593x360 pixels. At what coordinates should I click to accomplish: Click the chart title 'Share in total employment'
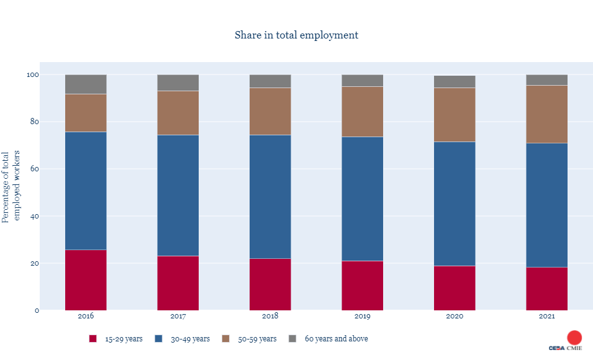pyautogui.click(x=296, y=35)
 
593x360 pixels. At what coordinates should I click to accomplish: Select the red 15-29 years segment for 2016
pyautogui.click(x=86, y=280)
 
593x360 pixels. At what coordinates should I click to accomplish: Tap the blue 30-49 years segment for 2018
pyautogui.click(x=270, y=196)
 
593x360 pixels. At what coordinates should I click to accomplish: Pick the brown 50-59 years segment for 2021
pyautogui.click(x=546, y=114)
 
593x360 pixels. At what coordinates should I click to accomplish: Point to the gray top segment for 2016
pyautogui.click(x=86, y=84)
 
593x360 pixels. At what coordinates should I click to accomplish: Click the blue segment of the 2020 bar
pyautogui.click(x=455, y=204)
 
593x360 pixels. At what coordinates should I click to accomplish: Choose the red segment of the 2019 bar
pyautogui.click(x=362, y=286)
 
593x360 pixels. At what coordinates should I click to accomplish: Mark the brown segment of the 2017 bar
pyautogui.click(x=178, y=113)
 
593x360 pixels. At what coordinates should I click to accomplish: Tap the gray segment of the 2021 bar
pyautogui.click(x=546, y=79)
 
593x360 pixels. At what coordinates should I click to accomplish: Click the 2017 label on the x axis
pyautogui.click(x=178, y=316)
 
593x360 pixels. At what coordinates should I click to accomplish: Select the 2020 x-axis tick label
pyautogui.click(x=455, y=316)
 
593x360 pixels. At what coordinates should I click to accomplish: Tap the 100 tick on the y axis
pyautogui.click(x=32, y=74)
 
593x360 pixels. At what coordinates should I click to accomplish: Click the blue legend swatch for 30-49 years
pyautogui.click(x=159, y=339)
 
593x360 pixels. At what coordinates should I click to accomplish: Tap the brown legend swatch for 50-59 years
pyautogui.click(x=225, y=339)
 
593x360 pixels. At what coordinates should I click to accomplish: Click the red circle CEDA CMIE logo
pyautogui.click(x=574, y=338)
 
